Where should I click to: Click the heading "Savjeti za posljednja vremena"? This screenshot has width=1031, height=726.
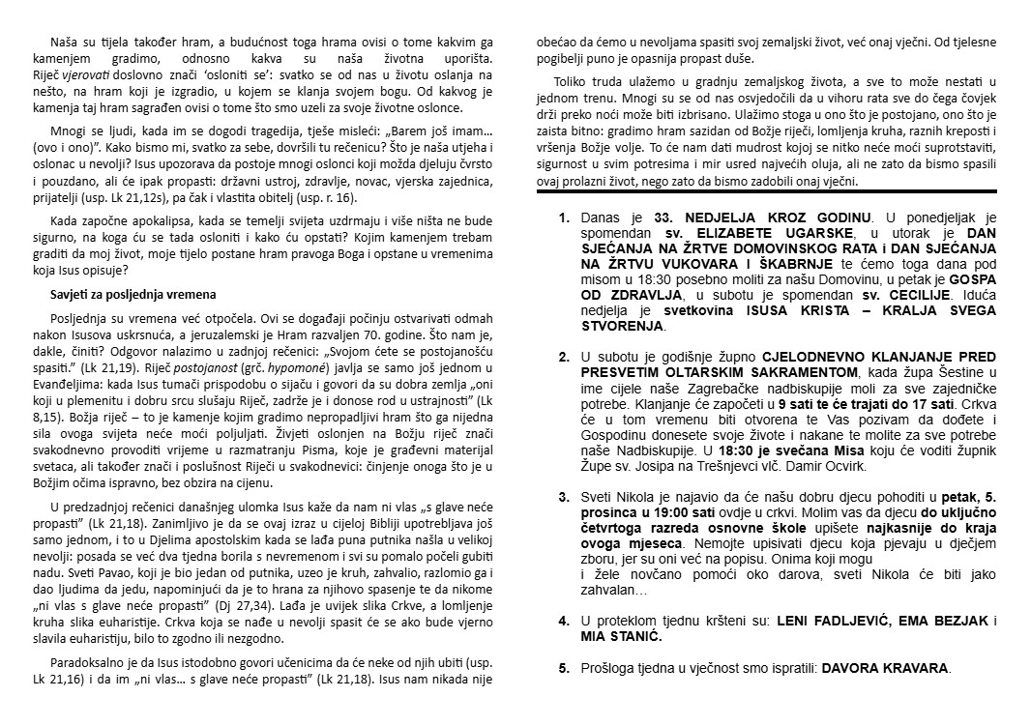pos(133,294)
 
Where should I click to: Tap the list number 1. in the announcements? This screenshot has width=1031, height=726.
pos(564,218)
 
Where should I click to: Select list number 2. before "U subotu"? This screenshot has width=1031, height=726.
pos(564,358)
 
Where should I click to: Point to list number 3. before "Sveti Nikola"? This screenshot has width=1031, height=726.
pos(564,497)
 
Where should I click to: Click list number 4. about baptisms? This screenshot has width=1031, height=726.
pos(564,621)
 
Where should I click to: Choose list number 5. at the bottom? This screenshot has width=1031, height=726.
pos(564,667)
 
